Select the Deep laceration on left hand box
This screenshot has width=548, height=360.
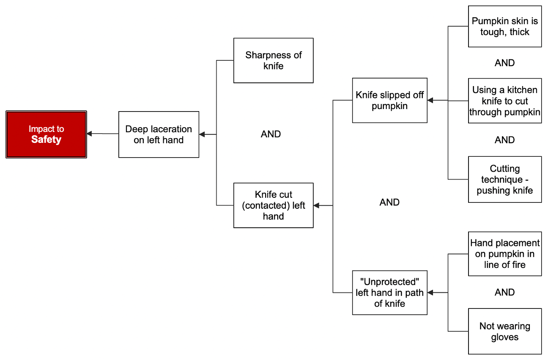click(159, 134)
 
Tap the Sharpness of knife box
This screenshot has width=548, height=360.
click(273, 60)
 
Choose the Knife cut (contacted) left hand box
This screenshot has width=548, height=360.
click(273, 205)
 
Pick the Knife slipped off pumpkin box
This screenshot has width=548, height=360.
click(389, 100)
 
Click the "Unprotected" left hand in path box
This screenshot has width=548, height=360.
click(389, 292)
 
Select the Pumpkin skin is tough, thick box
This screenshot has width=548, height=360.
click(504, 26)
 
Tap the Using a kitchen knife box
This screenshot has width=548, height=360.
click(504, 101)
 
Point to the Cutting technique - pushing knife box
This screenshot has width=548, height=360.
click(504, 180)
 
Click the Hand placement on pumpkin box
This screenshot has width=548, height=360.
click(504, 254)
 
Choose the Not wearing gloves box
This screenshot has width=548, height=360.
click(504, 331)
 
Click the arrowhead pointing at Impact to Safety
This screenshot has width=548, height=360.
click(89, 134)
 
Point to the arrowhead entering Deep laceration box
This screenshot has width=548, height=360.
click(202, 134)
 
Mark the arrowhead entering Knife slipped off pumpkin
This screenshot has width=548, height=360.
click(430, 100)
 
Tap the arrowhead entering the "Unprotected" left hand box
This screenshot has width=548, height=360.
click(430, 292)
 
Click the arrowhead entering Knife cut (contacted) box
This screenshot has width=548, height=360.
click(316, 205)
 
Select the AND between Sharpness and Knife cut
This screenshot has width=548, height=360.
click(271, 134)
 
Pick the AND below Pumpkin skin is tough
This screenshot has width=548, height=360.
click(504, 63)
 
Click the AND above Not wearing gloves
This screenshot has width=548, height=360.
click(504, 292)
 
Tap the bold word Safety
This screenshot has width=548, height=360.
click(46, 140)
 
